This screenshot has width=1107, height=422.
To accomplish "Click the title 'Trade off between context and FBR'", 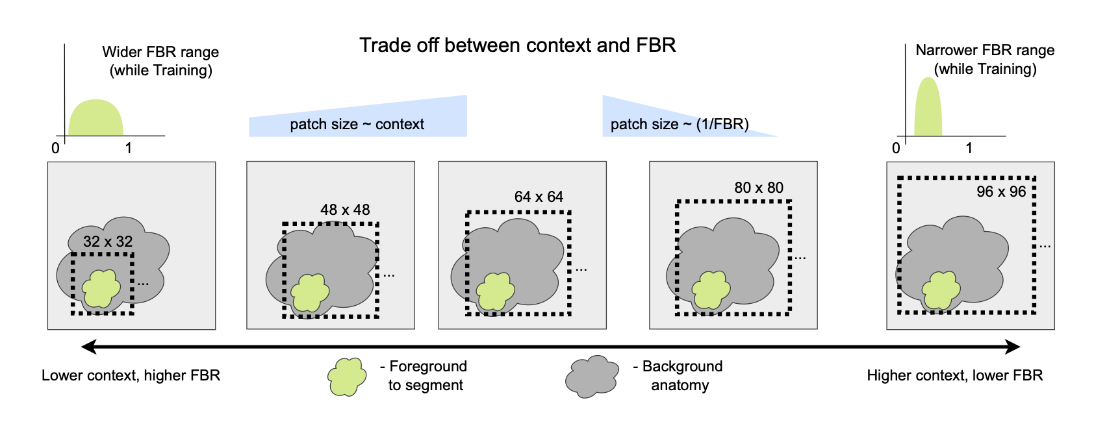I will click(x=517, y=45).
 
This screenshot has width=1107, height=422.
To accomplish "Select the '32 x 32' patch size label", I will click(x=108, y=242).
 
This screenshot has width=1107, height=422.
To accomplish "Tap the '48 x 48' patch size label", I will click(x=345, y=210).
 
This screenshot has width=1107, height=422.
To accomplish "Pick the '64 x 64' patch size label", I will click(x=539, y=197).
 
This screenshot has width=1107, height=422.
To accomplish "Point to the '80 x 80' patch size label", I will click(x=759, y=188).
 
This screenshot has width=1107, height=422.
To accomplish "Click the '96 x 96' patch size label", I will click(x=1001, y=192).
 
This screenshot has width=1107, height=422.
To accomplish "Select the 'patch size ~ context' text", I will click(x=357, y=125).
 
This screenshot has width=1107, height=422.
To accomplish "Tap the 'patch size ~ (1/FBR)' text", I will click(x=680, y=125).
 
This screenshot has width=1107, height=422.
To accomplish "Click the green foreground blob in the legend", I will click(x=346, y=377).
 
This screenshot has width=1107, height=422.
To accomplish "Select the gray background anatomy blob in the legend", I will click(x=592, y=377).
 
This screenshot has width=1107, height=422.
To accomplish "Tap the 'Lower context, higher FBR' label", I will click(x=131, y=375).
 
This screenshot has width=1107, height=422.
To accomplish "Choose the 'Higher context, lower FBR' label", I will click(x=954, y=375).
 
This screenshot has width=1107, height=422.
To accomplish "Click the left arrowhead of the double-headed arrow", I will click(x=89, y=347).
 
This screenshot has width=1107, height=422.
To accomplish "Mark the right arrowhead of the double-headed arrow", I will click(x=1013, y=347).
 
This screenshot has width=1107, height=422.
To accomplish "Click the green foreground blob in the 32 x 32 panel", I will click(x=101, y=288).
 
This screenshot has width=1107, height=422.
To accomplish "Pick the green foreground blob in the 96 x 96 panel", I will click(x=941, y=290).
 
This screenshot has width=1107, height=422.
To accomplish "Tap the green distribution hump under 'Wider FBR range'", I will click(x=95, y=119).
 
